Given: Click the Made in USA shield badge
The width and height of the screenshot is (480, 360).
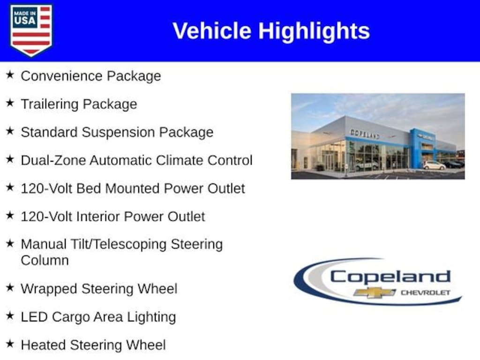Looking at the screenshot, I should pos(31,30).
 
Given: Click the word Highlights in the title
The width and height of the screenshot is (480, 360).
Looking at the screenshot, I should pos(314,31).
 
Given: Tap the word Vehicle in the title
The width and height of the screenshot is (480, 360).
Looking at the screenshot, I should pos(212,31).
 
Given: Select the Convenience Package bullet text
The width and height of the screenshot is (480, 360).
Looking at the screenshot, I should pos(90,76).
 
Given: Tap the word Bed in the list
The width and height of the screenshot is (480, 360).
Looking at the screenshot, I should pos(89,188).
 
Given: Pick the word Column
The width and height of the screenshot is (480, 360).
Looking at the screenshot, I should pos(45,260).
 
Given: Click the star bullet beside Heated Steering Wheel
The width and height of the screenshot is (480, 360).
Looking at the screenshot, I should pos(10,345).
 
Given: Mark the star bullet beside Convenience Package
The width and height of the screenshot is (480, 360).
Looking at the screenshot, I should pos(10,75).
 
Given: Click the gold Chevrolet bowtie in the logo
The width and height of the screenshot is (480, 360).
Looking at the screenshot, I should pos(375,292).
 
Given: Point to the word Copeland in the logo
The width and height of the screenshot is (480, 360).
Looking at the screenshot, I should pos(390,277).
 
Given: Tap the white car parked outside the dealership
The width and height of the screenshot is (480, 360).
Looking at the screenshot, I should pos(434,165).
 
